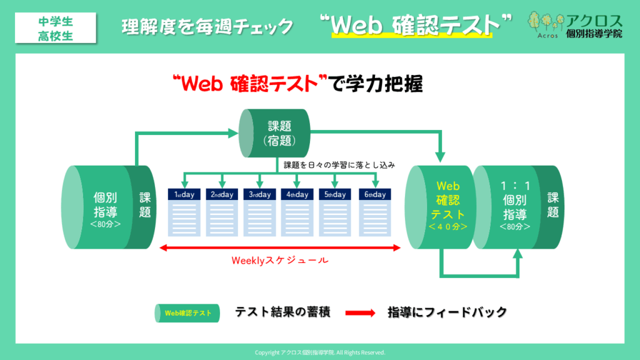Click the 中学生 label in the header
coord(55,21)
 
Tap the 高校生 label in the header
coord(55,35)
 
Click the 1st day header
coord(184,194)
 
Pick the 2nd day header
coord(222,194)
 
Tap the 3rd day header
coord(260,194)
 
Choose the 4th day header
coord(297,194)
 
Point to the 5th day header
coord(336,194)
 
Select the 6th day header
coord(373,194)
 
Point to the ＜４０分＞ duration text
coord(447,227)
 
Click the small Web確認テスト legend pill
coord(187,312)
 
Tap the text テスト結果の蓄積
coord(282,312)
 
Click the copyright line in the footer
coord(320,352)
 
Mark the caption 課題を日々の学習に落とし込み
coord(341,166)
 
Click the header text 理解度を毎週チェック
coord(207,26)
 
